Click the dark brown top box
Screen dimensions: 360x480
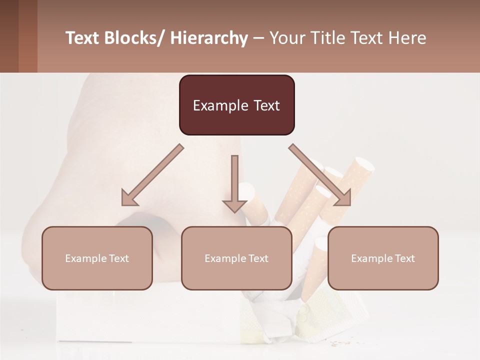(236, 105)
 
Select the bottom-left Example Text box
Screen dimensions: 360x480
(97, 258)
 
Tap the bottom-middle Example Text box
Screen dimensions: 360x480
(236, 258)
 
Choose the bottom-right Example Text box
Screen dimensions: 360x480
(383, 258)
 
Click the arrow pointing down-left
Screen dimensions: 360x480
(152, 175)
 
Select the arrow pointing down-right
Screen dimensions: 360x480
(320, 175)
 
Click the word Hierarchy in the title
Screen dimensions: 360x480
(209, 38)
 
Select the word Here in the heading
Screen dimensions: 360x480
(407, 38)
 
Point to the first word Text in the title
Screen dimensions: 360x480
(83, 38)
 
